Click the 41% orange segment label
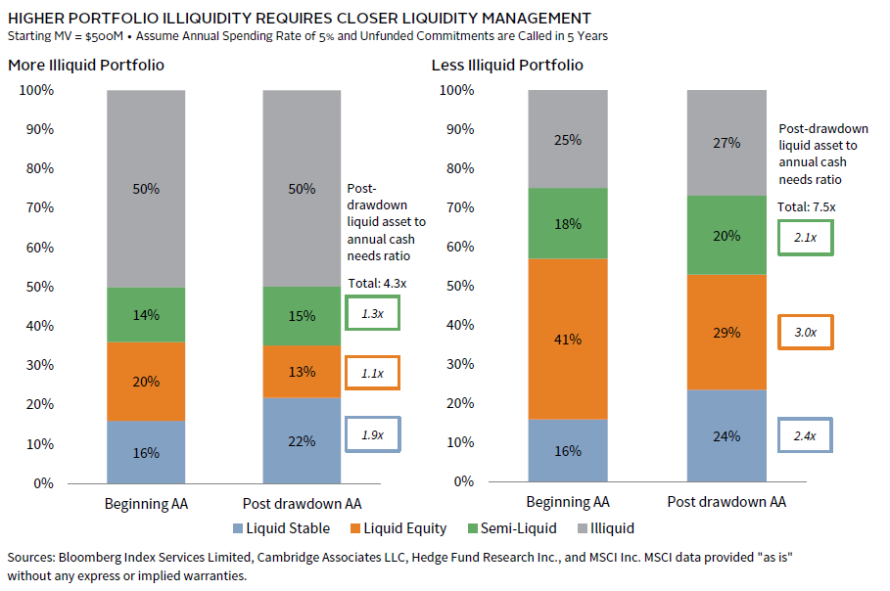pyautogui.click(x=568, y=340)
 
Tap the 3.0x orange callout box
pyautogui.click(x=805, y=333)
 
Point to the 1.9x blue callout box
pyautogui.click(x=373, y=435)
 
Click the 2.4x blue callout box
pyautogui.click(x=805, y=434)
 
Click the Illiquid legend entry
pyautogui.click(x=606, y=528)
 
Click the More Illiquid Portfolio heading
pyautogui.click(x=86, y=66)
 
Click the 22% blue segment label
pyautogui.click(x=302, y=441)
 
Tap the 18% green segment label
pyautogui.click(x=568, y=224)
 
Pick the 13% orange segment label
pyautogui.click(x=302, y=372)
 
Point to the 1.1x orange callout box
pyautogui.click(x=373, y=373)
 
